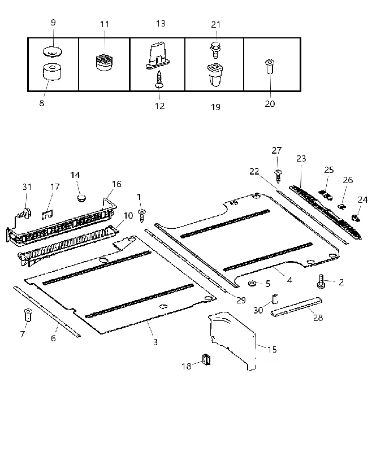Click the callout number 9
53,23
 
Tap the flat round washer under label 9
53,51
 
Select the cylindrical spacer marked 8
52,72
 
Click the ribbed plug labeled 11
104,62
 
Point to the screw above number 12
159,79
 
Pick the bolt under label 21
215,50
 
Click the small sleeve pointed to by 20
270,67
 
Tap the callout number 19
216,107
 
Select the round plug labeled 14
82,198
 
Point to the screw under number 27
278,176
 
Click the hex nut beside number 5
252,284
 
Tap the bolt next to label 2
321,281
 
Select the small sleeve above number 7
28,315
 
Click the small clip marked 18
206,359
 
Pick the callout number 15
272,350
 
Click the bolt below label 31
25,214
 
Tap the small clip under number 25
326,195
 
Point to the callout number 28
318,318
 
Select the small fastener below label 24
356,218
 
